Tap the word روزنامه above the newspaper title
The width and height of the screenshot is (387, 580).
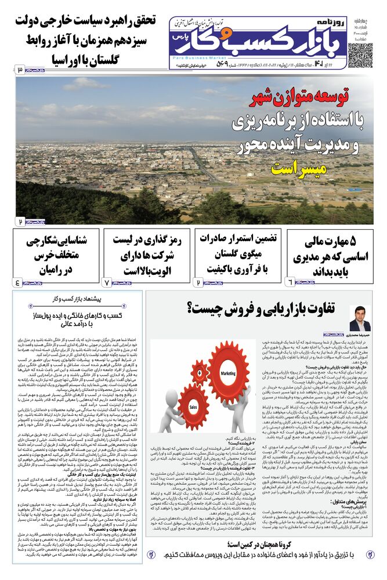pos(331,22)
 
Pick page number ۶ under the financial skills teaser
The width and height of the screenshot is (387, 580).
pos(290,282)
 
